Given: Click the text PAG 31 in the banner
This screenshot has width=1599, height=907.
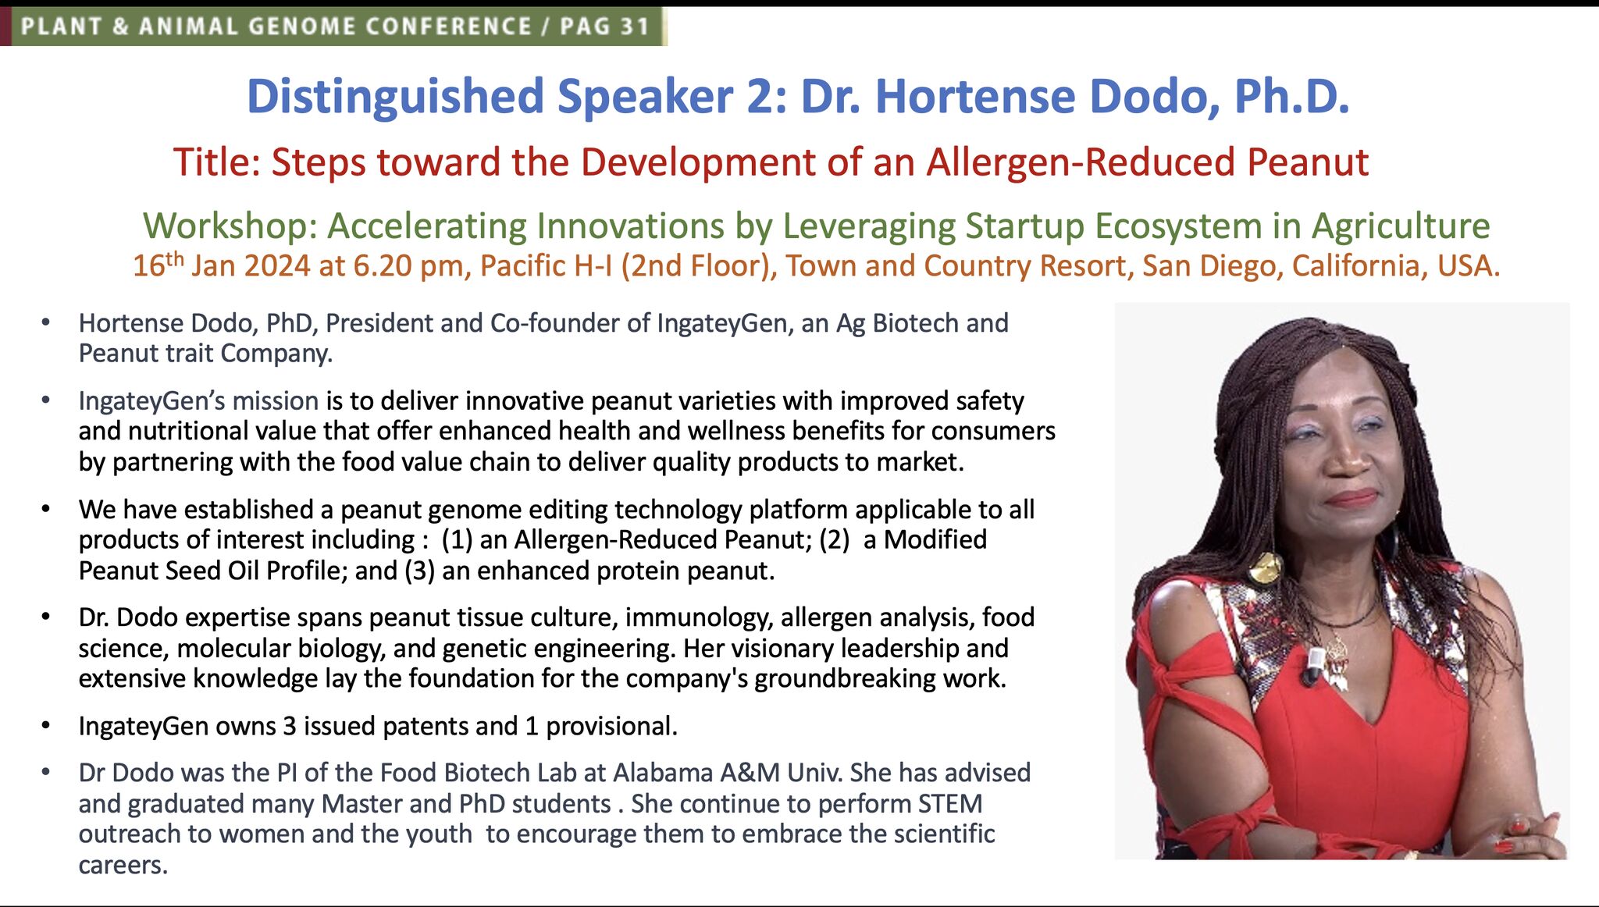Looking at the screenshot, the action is (x=604, y=27).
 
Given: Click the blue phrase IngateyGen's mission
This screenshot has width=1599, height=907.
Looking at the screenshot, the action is (x=198, y=401).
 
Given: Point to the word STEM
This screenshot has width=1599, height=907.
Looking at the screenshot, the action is (x=949, y=804).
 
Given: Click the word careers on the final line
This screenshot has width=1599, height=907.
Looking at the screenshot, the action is (x=123, y=865).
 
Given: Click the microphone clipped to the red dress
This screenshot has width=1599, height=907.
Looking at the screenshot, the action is (x=1314, y=665).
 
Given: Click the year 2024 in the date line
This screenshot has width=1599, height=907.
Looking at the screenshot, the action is (x=276, y=266).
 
